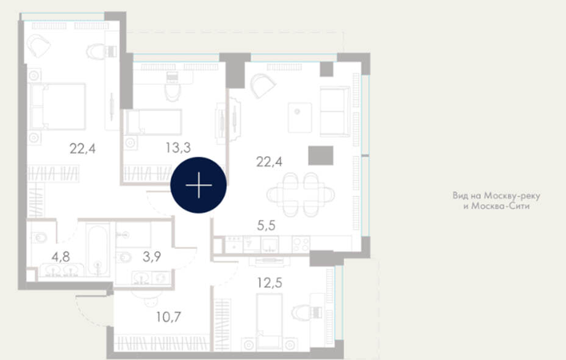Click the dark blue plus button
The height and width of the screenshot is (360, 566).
pos(199,185)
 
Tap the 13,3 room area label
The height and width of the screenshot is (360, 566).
pos(178,147)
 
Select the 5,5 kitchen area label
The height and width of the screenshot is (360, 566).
pos(267,225)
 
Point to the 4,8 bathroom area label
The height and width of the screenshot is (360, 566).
pos(60,257)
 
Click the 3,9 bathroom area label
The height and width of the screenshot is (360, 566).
pos(152,257)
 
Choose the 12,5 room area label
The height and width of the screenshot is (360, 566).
pos(270,283)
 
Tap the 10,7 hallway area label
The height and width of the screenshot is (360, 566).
pos(168,317)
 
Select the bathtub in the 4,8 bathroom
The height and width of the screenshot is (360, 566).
pos(98,250)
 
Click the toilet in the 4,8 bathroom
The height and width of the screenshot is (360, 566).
pos(40,237)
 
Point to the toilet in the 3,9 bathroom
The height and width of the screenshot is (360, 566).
pos(124,257)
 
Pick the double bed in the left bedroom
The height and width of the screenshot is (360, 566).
pos(58,107)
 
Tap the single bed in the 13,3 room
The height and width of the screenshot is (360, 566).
pos(153,122)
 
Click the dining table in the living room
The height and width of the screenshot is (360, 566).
pos(301,195)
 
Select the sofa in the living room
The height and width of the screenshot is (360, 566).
pos(335,112)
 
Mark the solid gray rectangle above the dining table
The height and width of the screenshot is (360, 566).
pos(321,156)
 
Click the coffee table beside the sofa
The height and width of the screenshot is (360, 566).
pos(300,118)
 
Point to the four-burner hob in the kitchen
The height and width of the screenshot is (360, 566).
pos(301,243)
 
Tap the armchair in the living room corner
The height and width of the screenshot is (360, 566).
pos(263,86)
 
